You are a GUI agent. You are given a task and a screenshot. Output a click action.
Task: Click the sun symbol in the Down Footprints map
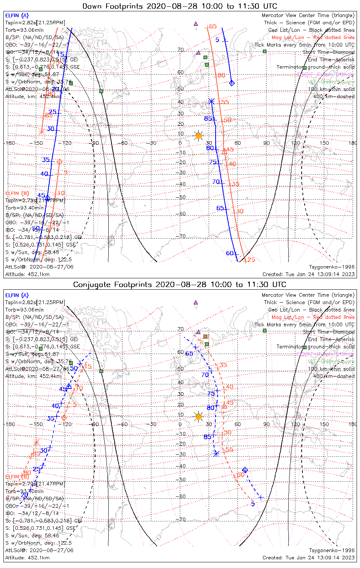198,136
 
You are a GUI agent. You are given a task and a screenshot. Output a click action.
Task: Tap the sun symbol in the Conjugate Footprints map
198,417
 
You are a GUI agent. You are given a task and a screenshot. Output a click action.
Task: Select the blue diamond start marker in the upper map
232,83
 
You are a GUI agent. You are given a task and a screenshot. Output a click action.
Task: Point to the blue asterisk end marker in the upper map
212,101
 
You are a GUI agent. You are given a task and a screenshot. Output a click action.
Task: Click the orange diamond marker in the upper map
59,162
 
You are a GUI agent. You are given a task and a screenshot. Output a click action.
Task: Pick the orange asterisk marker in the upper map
42,131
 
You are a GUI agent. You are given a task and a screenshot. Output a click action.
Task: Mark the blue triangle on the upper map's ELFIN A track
47,198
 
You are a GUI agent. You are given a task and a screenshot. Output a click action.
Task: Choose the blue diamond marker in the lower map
245,470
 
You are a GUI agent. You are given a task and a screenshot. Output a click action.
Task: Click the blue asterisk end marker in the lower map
216,453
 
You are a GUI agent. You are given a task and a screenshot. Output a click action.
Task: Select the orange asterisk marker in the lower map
36,442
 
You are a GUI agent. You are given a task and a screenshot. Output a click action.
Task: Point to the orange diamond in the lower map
64,418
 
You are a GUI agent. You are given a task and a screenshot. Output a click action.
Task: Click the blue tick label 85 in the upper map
208,119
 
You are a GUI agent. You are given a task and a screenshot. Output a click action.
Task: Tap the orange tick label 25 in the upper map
251,260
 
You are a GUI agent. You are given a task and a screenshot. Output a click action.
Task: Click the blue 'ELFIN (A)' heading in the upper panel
17,16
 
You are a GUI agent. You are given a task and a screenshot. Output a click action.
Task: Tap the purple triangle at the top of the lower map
196,303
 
